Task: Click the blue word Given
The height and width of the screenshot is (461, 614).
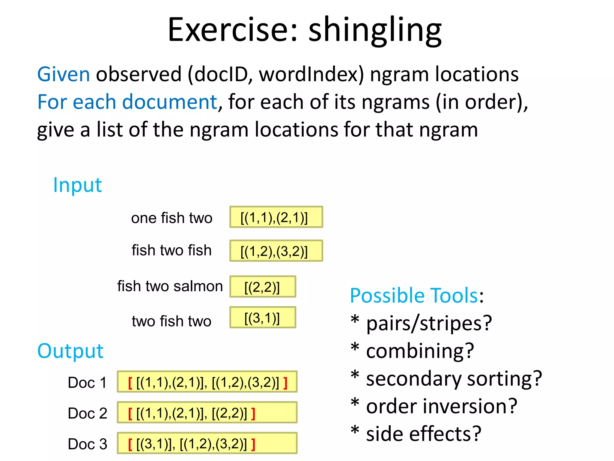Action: coord(63,74)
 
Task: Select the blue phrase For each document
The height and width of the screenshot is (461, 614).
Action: coord(127,102)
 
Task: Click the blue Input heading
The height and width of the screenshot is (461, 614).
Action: coord(77,185)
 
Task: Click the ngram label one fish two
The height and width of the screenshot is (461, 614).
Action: coord(171,218)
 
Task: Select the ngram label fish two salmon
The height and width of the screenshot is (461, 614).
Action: coord(170,286)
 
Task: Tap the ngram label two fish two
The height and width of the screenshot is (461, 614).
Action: coord(171,321)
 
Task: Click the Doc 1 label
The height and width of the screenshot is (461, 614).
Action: coord(87,382)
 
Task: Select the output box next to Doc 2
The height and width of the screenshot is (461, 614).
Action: coord(207,412)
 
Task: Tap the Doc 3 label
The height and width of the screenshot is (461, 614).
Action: coord(87,444)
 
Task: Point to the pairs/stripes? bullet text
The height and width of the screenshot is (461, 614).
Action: coord(429,323)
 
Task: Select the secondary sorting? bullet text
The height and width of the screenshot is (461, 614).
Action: coord(454,378)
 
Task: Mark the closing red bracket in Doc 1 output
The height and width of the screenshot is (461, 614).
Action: coord(285,383)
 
